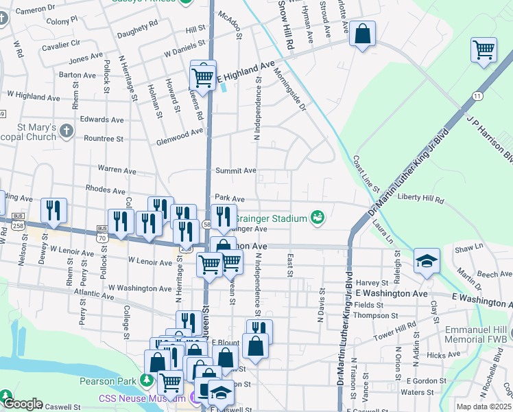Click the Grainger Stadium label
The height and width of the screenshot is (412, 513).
tap(270, 219)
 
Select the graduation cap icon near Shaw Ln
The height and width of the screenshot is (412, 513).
tap(427, 262)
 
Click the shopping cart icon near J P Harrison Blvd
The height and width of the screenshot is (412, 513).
tap(484, 49)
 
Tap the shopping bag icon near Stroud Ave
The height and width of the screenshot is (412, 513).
tap(362, 34)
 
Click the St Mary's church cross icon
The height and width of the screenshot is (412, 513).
tap(66, 130)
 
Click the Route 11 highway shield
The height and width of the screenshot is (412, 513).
tap(477, 96)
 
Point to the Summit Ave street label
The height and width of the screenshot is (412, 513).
tap(235, 170)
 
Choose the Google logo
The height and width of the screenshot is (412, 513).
tap(22, 404)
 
